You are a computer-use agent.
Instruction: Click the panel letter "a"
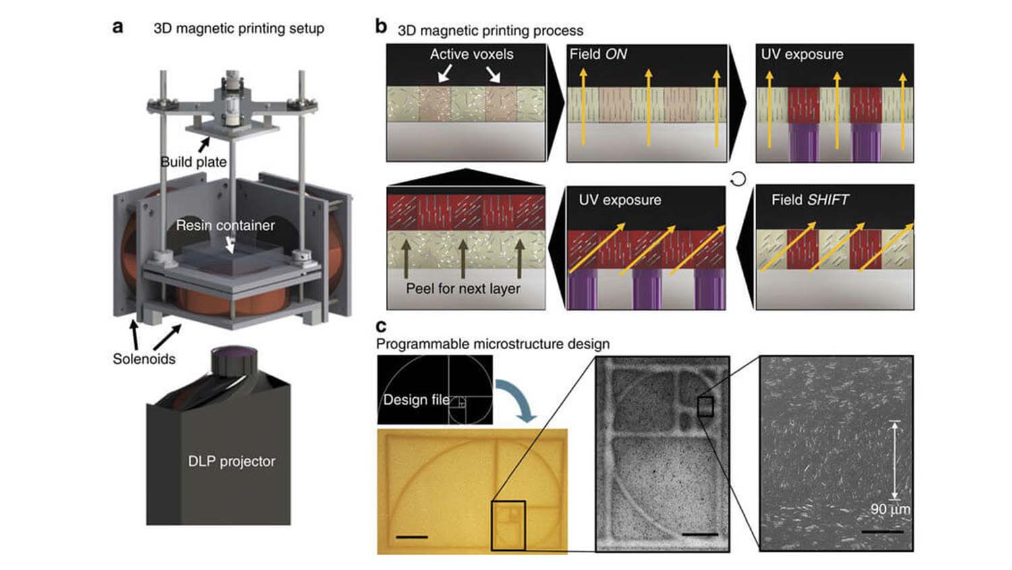coord(118,27)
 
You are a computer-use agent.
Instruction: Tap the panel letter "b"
coord(381,26)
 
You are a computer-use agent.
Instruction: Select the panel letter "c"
coord(381,326)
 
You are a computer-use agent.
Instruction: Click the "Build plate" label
coord(193,161)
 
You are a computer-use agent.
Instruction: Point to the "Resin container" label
coord(225,225)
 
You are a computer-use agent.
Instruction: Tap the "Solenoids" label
coord(144,359)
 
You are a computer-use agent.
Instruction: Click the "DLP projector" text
coord(231,461)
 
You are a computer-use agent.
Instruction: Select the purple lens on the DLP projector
coord(235,353)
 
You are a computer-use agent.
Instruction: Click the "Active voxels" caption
coord(472,54)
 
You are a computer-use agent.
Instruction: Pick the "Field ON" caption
coord(598,54)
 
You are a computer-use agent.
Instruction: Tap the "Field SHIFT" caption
coord(810,199)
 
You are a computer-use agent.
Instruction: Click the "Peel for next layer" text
coord(463,288)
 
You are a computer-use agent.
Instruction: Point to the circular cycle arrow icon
coord(739,179)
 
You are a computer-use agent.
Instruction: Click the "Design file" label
coord(416,399)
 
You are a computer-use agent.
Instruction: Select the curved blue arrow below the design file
coord(517,398)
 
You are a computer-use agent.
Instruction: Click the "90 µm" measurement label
coord(890,509)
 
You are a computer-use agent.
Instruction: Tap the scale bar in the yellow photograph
coord(412,537)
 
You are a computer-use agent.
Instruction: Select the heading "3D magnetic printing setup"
coord(239,28)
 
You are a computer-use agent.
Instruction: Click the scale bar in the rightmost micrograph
coord(882,532)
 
